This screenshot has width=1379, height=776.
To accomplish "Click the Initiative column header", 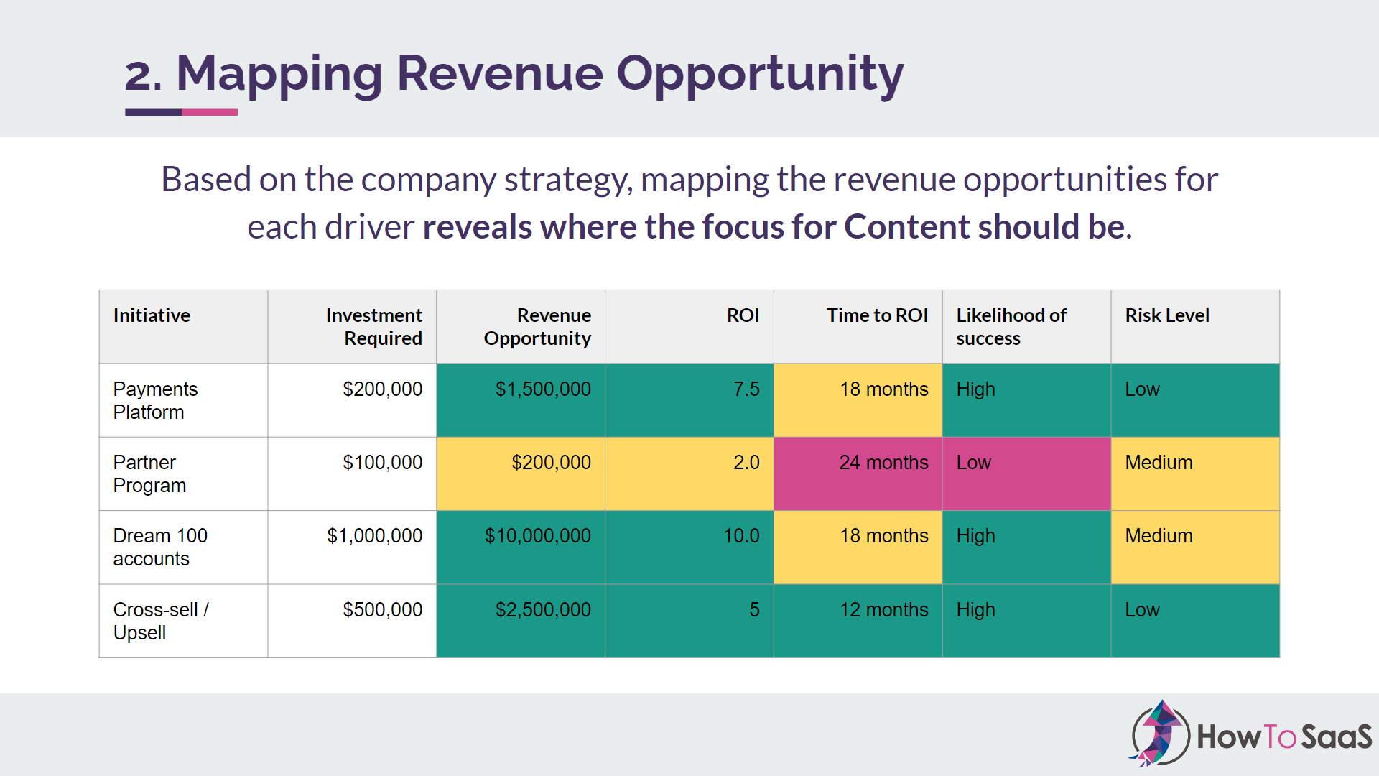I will pyautogui.click(x=152, y=315).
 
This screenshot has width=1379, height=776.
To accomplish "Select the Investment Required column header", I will pyautogui.click(x=373, y=326).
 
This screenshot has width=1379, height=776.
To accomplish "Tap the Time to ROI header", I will pyautogui.click(x=877, y=315).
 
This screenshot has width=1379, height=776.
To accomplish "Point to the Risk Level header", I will pyautogui.click(x=1167, y=315).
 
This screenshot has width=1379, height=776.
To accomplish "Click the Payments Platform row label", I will pyautogui.click(x=155, y=400).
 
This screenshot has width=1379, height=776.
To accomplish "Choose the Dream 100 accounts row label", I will pyautogui.click(x=160, y=547).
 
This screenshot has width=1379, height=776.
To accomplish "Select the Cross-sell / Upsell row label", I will pyautogui.click(x=161, y=621).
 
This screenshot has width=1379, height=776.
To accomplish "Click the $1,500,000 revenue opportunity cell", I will pyautogui.click(x=543, y=389).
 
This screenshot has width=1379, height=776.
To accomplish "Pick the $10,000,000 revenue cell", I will pyautogui.click(x=538, y=536).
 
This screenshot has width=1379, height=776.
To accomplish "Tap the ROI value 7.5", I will pyautogui.click(x=746, y=389).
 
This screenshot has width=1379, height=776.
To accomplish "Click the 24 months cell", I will pyautogui.click(x=883, y=463).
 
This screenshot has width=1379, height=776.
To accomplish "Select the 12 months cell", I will pyautogui.click(x=884, y=610).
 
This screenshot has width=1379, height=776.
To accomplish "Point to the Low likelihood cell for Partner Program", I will pyautogui.click(x=973, y=463).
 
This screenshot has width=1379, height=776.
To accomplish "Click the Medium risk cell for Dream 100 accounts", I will pyautogui.click(x=1159, y=536).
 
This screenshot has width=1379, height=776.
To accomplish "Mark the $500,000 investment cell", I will pyautogui.click(x=382, y=610).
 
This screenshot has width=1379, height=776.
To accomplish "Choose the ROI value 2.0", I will pyautogui.click(x=746, y=463).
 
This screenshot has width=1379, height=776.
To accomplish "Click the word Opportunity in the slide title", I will pyautogui.click(x=760, y=74).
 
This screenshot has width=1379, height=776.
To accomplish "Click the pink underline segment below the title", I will pyautogui.click(x=210, y=112).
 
